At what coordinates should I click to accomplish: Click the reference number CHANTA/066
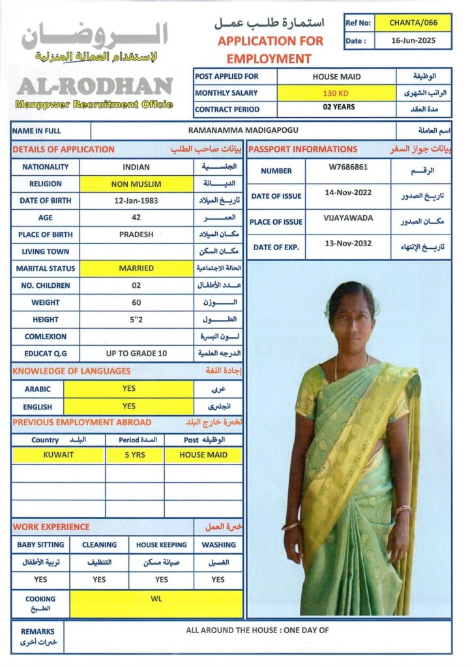(x=413, y=23)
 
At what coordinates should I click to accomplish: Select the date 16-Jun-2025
(x=413, y=40)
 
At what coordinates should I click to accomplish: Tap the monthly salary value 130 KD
(x=336, y=93)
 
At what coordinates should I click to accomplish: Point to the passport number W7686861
(x=348, y=167)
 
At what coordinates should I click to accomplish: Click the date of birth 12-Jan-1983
(x=136, y=201)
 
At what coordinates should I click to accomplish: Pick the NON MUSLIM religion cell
(x=136, y=184)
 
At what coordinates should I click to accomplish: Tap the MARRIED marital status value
(x=136, y=268)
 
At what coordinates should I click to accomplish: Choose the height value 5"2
(x=136, y=319)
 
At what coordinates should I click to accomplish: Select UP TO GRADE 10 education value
(x=136, y=353)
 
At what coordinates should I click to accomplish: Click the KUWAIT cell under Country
(x=58, y=455)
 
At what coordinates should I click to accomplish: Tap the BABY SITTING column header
(x=40, y=545)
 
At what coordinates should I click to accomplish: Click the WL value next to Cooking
(x=156, y=599)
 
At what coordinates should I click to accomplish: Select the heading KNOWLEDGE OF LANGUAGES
(x=71, y=371)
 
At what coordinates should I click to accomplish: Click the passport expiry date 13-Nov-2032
(x=348, y=244)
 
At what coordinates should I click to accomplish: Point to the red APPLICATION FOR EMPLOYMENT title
(x=270, y=50)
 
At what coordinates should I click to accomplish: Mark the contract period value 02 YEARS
(x=336, y=107)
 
